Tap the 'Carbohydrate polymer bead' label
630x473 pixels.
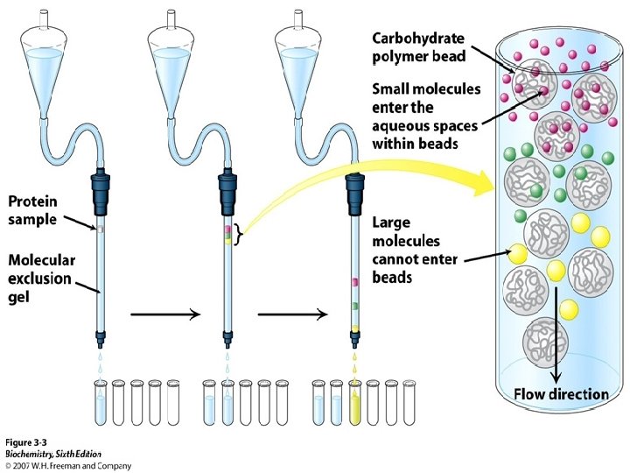pyautogui.click(x=418, y=47)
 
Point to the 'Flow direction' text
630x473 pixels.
pyautogui.click(x=561, y=393)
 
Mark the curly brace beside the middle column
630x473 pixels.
pyautogui.click(x=240, y=234)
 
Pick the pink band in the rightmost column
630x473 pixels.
pyautogui.click(x=355, y=283)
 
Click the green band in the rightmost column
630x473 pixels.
pyautogui.click(x=355, y=305)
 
